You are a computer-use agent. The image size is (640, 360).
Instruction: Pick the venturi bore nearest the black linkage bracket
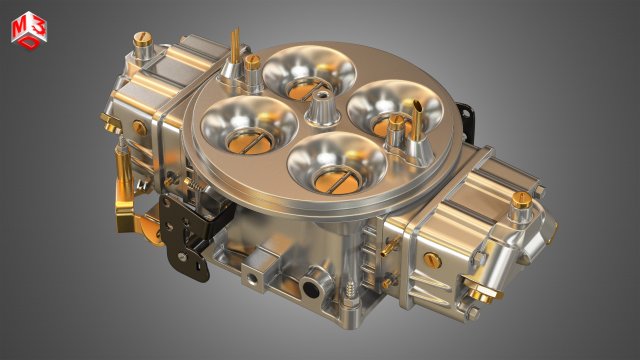point(245,123)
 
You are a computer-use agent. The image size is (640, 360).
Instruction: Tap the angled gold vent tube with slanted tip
point(431,109)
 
